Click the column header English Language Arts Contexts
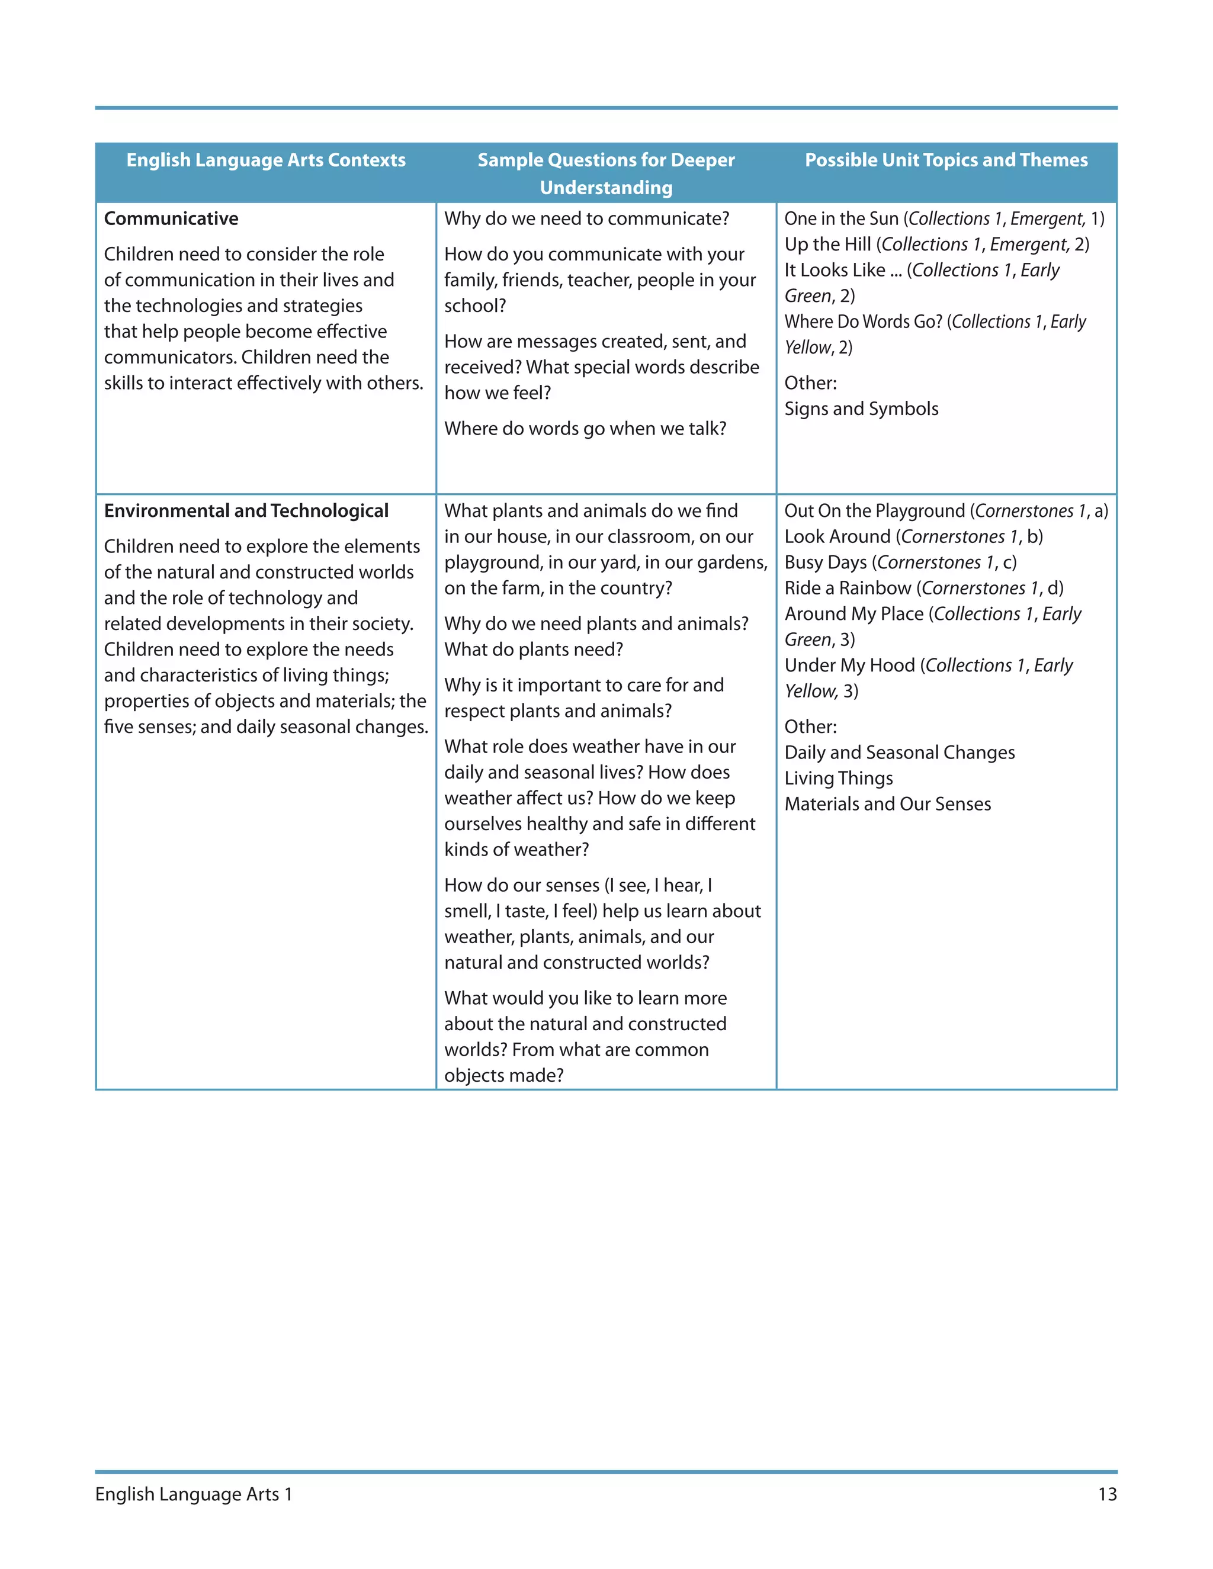(266, 160)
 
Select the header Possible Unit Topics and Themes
(946, 160)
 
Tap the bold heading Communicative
(171, 218)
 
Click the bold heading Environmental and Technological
(246, 511)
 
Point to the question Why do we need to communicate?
(586, 218)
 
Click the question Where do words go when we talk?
(585, 429)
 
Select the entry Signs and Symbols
(861, 409)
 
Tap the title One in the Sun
(841, 218)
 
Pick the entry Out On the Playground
(875, 511)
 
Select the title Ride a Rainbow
(847, 589)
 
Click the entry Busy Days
(825, 562)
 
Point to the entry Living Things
(838, 778)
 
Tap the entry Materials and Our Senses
(887, 804)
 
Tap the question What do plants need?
(533, 650)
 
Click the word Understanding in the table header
(606, 188)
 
